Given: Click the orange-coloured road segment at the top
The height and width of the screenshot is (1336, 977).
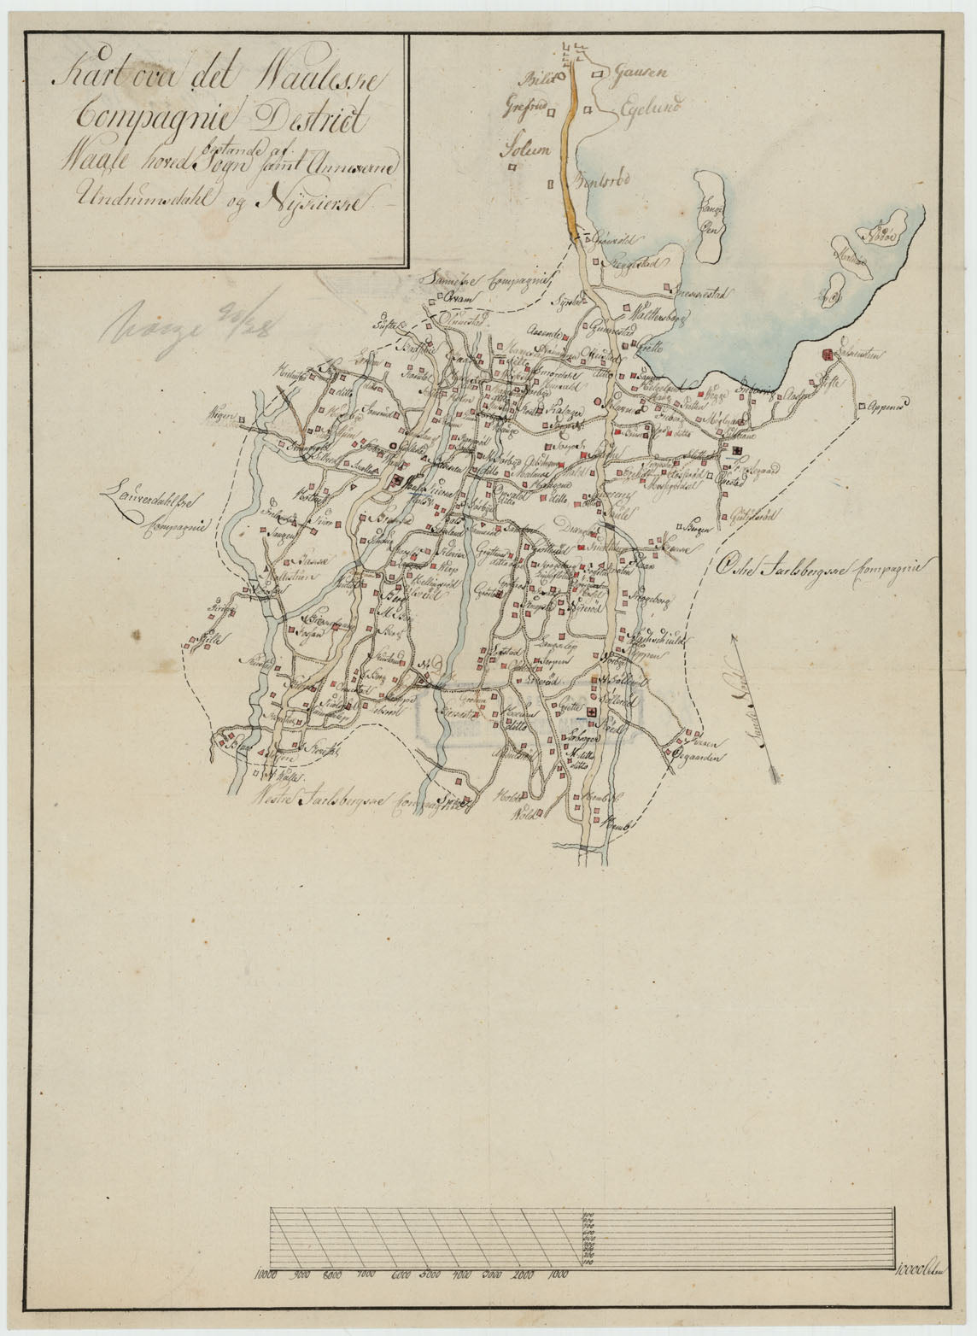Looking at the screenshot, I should point(571,145).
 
